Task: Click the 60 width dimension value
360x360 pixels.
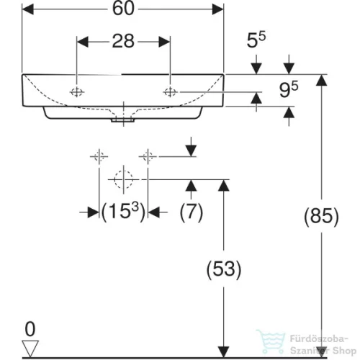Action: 123,9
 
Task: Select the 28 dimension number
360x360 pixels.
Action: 123,41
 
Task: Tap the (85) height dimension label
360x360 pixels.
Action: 321,216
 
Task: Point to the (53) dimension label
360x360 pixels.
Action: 224,269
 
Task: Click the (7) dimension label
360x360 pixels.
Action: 192,212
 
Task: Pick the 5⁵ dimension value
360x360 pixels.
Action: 256,40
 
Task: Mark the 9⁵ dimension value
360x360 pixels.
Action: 289,89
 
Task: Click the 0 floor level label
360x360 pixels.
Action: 30,329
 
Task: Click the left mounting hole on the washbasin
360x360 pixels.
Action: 77,92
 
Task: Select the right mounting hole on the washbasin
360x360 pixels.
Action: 170,92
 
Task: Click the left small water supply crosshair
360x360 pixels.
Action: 99,157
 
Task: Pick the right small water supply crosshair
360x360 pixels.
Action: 148,157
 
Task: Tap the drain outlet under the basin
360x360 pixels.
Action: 122,120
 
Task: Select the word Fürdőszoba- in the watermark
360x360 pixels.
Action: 319,339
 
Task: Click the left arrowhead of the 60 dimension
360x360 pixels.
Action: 27,9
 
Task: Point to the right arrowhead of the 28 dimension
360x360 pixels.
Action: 164,42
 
